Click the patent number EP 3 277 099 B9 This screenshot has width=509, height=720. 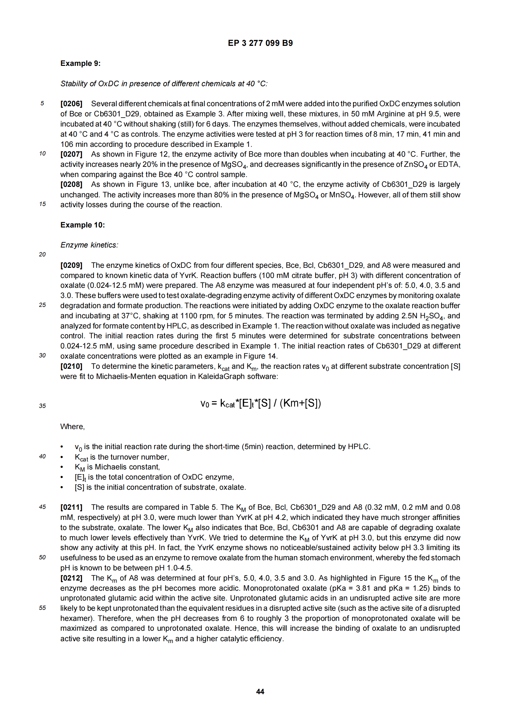260,43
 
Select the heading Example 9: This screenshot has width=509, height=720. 80,63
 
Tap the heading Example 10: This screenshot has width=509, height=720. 83,225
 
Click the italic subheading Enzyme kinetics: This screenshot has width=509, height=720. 89,245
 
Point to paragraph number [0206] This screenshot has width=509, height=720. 71,104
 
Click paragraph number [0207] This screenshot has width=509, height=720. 71,154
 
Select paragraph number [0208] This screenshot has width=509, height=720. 71,184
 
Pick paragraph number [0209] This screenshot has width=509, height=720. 71,265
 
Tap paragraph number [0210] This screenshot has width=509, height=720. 71,366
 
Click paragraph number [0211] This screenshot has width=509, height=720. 71,507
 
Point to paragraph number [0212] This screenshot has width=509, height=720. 71,578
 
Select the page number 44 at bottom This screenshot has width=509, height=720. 260,691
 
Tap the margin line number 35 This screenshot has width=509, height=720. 42,406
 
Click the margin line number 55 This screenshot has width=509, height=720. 42,608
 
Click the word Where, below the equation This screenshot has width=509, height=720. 72,426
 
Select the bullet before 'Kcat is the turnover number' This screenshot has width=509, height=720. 62,457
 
